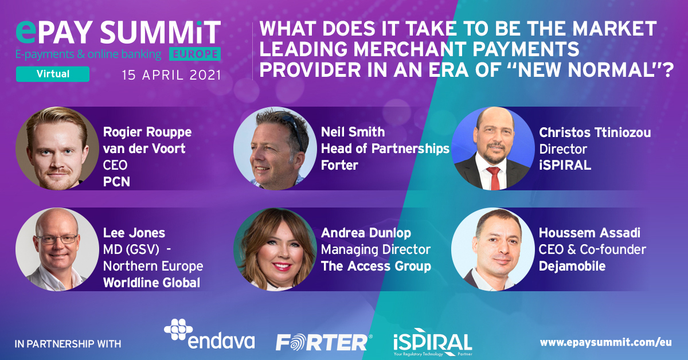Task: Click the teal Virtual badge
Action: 53,74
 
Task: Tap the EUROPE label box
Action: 195,54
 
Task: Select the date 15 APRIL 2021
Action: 171,75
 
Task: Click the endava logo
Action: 209,334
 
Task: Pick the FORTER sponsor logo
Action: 324,342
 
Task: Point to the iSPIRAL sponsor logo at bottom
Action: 433,342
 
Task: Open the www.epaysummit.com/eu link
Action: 605,342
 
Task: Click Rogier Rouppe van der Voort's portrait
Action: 57,148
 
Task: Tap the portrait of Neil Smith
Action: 275,148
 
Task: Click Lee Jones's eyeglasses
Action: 57,239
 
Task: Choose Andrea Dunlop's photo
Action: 275,249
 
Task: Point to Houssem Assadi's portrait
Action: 492,249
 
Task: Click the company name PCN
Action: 116,182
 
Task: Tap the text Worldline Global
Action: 151,283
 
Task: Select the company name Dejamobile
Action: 572,266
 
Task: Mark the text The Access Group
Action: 376,266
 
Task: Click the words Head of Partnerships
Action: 385,148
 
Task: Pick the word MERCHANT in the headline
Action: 411,49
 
